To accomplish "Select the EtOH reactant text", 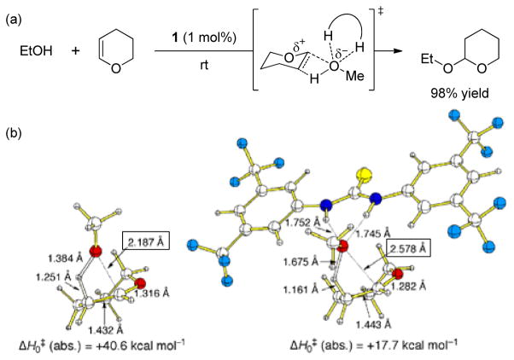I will coord(37,53).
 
